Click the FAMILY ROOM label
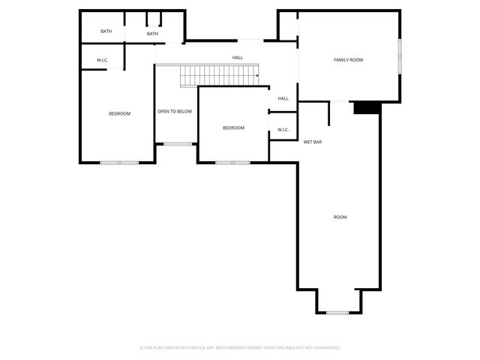(348, 59)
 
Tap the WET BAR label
(313, 141)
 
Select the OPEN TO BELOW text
(175, 112)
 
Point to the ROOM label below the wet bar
(340, 217)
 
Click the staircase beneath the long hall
(218, 75)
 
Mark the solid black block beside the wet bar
(367, 108)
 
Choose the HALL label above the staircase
(238, 57)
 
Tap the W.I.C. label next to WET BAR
(283, 130)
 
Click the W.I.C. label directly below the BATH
(103, 60)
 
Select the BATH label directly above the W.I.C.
(106, 31)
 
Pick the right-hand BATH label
(152, 34)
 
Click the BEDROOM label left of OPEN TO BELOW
(119, 113)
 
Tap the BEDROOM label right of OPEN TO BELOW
(233, 127)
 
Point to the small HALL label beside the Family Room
(283, 98)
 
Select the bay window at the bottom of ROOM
(338, 312)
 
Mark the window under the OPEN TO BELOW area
(178, 144)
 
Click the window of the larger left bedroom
(119, 162)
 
